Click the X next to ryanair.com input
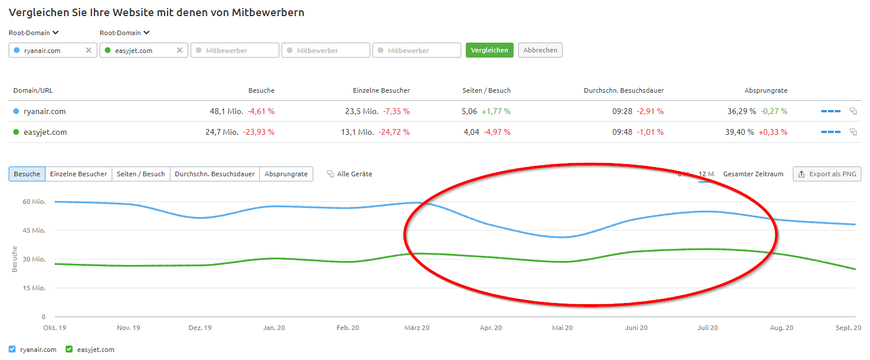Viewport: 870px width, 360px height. [x=89, y=50]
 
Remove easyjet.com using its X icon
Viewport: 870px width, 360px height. [x=180, y=50]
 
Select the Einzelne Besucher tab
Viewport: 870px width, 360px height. [x=78, y=174]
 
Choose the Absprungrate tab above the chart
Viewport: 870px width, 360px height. [x=286, y=174]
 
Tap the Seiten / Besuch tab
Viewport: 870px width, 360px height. [x=140, y=174]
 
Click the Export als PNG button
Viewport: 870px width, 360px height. [x=827, y=174]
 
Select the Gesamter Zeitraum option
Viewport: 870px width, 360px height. [x=753, y=174]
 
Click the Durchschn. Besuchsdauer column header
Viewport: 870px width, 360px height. [x=624, y=90]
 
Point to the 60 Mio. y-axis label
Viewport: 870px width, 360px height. [x=35, y=202]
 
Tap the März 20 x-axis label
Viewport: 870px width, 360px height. [x=417, y=328]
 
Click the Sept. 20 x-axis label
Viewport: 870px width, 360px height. [x=848, y=328]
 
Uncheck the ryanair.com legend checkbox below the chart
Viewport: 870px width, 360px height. [x=13, y=349]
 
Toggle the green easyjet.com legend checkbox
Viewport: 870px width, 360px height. [x=69, y=349]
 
